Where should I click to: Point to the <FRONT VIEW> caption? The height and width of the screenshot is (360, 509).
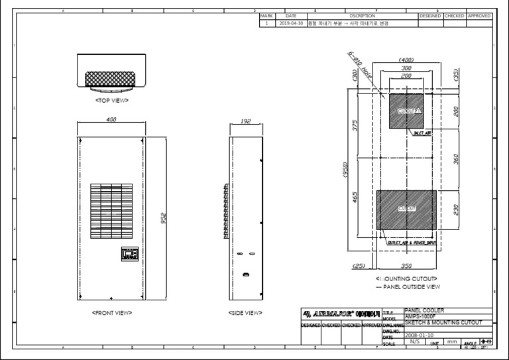111,312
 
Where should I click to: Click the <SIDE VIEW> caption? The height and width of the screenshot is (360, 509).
245,312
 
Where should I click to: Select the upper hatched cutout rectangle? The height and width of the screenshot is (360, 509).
409,111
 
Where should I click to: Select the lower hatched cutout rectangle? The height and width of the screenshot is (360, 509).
406,209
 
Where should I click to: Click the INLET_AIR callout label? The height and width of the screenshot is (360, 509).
422,133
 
